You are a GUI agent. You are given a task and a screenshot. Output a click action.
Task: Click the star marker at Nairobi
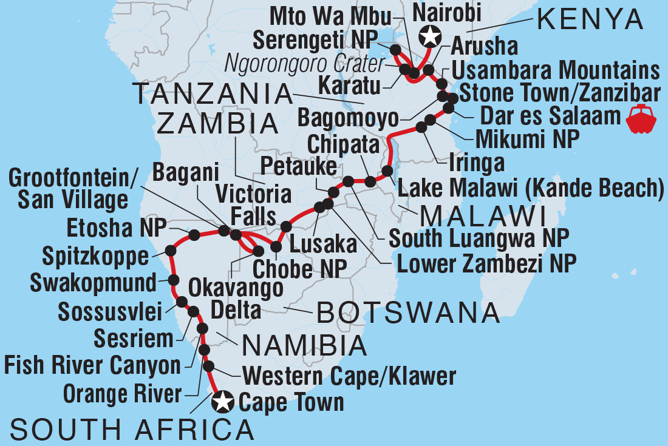(430, 36)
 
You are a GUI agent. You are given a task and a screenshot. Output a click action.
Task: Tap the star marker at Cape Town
(222, 401)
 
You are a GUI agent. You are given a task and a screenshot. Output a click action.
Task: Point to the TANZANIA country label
(213, 94)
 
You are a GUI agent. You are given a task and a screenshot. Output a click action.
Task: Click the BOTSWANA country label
(407, 314)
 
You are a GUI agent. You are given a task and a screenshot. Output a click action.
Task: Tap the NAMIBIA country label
(304, 346)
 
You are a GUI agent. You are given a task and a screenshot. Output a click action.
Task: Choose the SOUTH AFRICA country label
(132, 430)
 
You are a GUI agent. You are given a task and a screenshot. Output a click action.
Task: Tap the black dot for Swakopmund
(173, 280)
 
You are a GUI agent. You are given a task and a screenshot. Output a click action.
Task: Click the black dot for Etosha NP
(194, 235)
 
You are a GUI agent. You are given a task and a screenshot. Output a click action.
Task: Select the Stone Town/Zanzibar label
(559, 94)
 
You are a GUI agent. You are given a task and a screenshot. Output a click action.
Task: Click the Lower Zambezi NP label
(486, 262)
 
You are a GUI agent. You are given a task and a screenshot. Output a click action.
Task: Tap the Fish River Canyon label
(92, 366)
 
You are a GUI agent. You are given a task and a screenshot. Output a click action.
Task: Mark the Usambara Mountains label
(556, 70)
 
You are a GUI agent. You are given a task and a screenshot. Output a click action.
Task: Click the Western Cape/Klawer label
(349, 376)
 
